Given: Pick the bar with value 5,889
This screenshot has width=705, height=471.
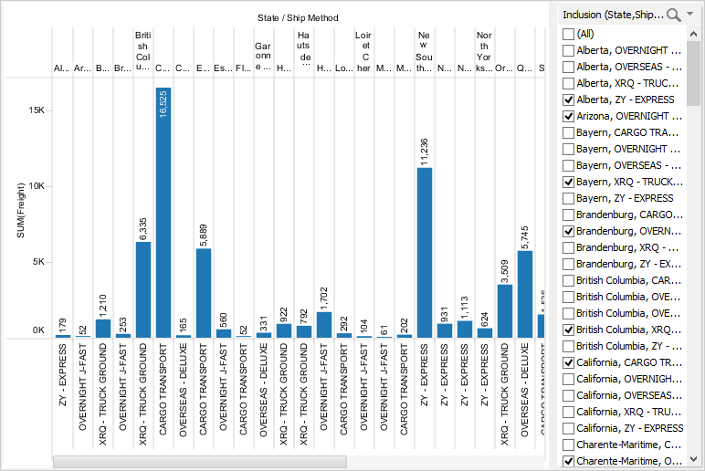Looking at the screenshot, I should [204, 293].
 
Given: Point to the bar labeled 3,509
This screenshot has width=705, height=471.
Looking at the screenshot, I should [505, 311].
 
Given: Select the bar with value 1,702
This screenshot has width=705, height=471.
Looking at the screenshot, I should [324, 325].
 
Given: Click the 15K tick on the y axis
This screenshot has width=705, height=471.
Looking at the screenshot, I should [37, 110].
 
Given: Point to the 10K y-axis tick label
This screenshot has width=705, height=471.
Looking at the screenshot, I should [37, 185].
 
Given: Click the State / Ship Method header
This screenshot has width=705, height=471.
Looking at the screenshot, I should [299, 17].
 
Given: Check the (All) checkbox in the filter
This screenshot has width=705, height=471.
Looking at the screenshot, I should [569, 34].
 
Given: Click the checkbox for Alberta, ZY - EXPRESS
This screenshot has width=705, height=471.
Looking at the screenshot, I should [569, 99].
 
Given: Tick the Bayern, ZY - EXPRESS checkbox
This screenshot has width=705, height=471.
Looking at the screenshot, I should [569, 198].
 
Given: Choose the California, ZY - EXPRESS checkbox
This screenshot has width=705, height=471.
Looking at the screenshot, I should [569, 428].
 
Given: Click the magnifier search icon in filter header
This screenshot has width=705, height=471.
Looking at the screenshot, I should [674, 14].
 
